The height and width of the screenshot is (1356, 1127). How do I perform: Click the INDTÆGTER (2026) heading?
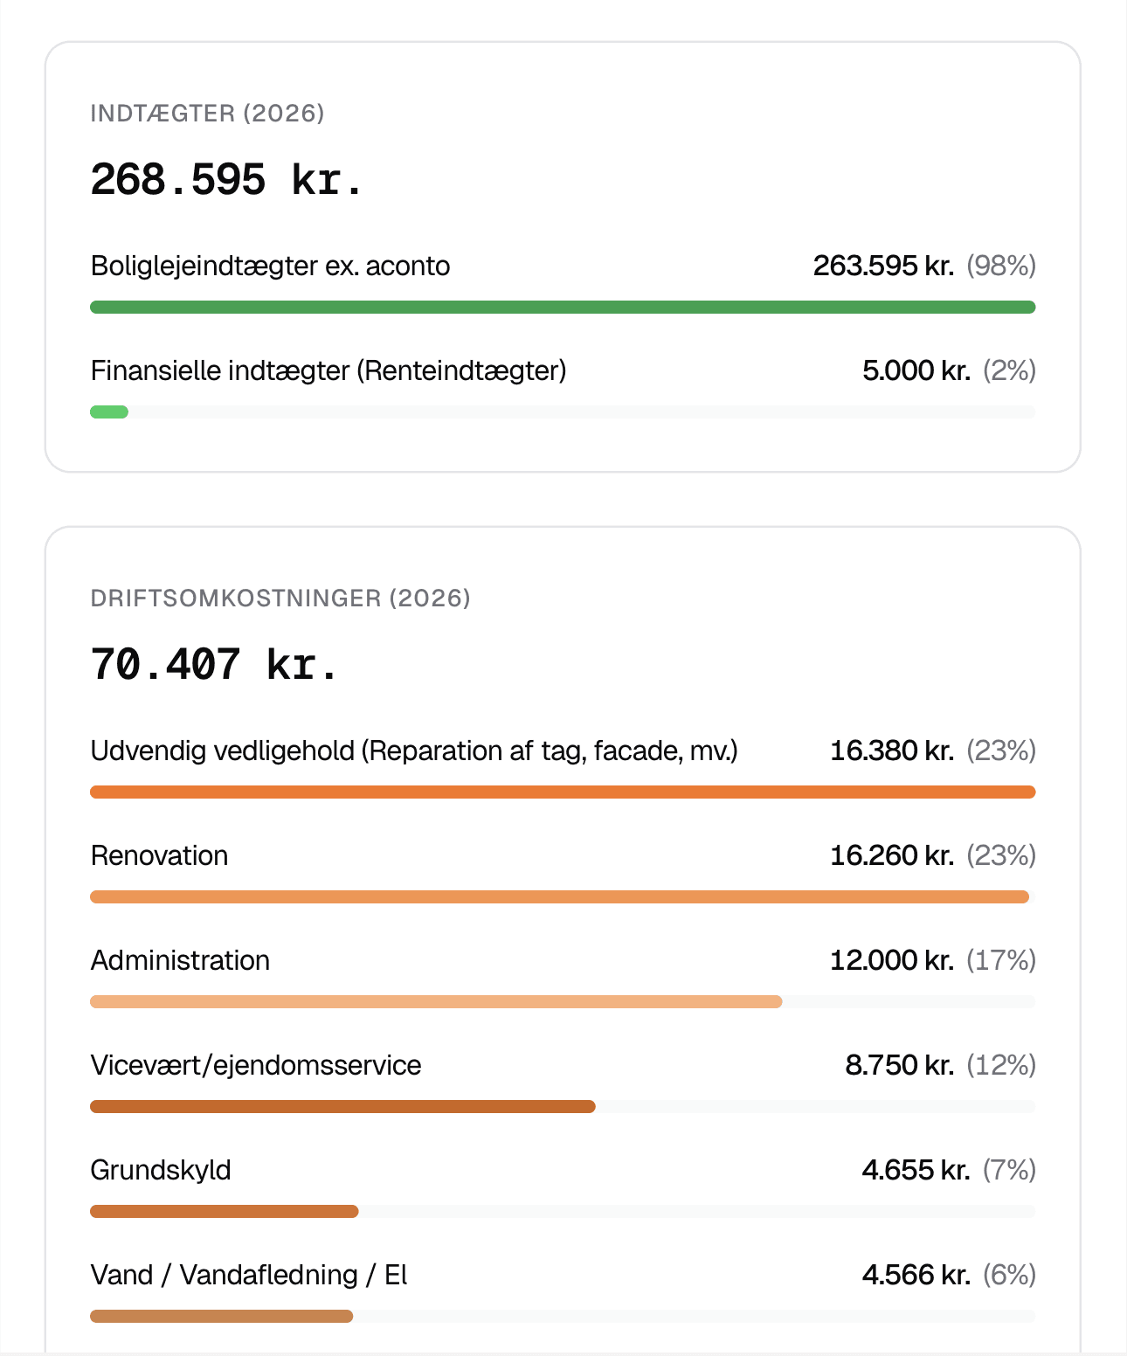coord(207,114)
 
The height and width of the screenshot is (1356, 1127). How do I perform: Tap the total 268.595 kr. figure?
coord(225,180)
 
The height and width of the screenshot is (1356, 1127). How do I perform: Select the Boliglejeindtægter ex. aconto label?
coord(270,266)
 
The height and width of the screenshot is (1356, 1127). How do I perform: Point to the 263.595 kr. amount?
coord(883,266)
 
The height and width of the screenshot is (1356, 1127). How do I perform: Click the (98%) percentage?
coord(1001,266)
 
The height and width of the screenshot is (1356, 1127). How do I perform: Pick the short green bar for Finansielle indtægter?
coord(109,412)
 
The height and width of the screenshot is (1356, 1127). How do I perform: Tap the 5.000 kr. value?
coord(916,370)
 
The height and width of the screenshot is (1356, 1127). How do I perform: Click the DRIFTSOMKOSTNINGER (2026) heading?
coord(280,598)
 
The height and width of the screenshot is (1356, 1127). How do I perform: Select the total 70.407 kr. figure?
coord(214,665)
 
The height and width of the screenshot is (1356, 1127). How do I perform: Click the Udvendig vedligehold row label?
coord(414,751)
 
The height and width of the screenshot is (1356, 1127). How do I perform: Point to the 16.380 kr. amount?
coord(892,751)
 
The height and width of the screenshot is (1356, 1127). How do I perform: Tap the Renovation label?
coord(159,855)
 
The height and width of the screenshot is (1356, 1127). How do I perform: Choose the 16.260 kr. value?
coord(892,855)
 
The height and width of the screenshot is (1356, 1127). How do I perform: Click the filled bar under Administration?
coord(436,1002)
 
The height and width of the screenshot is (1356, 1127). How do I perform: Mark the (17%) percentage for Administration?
coord(1001,960)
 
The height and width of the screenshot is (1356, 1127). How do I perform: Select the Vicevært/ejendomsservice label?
coord(256,1065)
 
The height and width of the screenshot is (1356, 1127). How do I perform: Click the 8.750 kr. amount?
coord(899,1065)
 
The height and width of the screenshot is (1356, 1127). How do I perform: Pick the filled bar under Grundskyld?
coord(225,1212)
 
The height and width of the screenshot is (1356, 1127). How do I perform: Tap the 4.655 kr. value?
coord(916,1170)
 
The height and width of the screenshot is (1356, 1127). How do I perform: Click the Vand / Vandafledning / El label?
coord(249,1275)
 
